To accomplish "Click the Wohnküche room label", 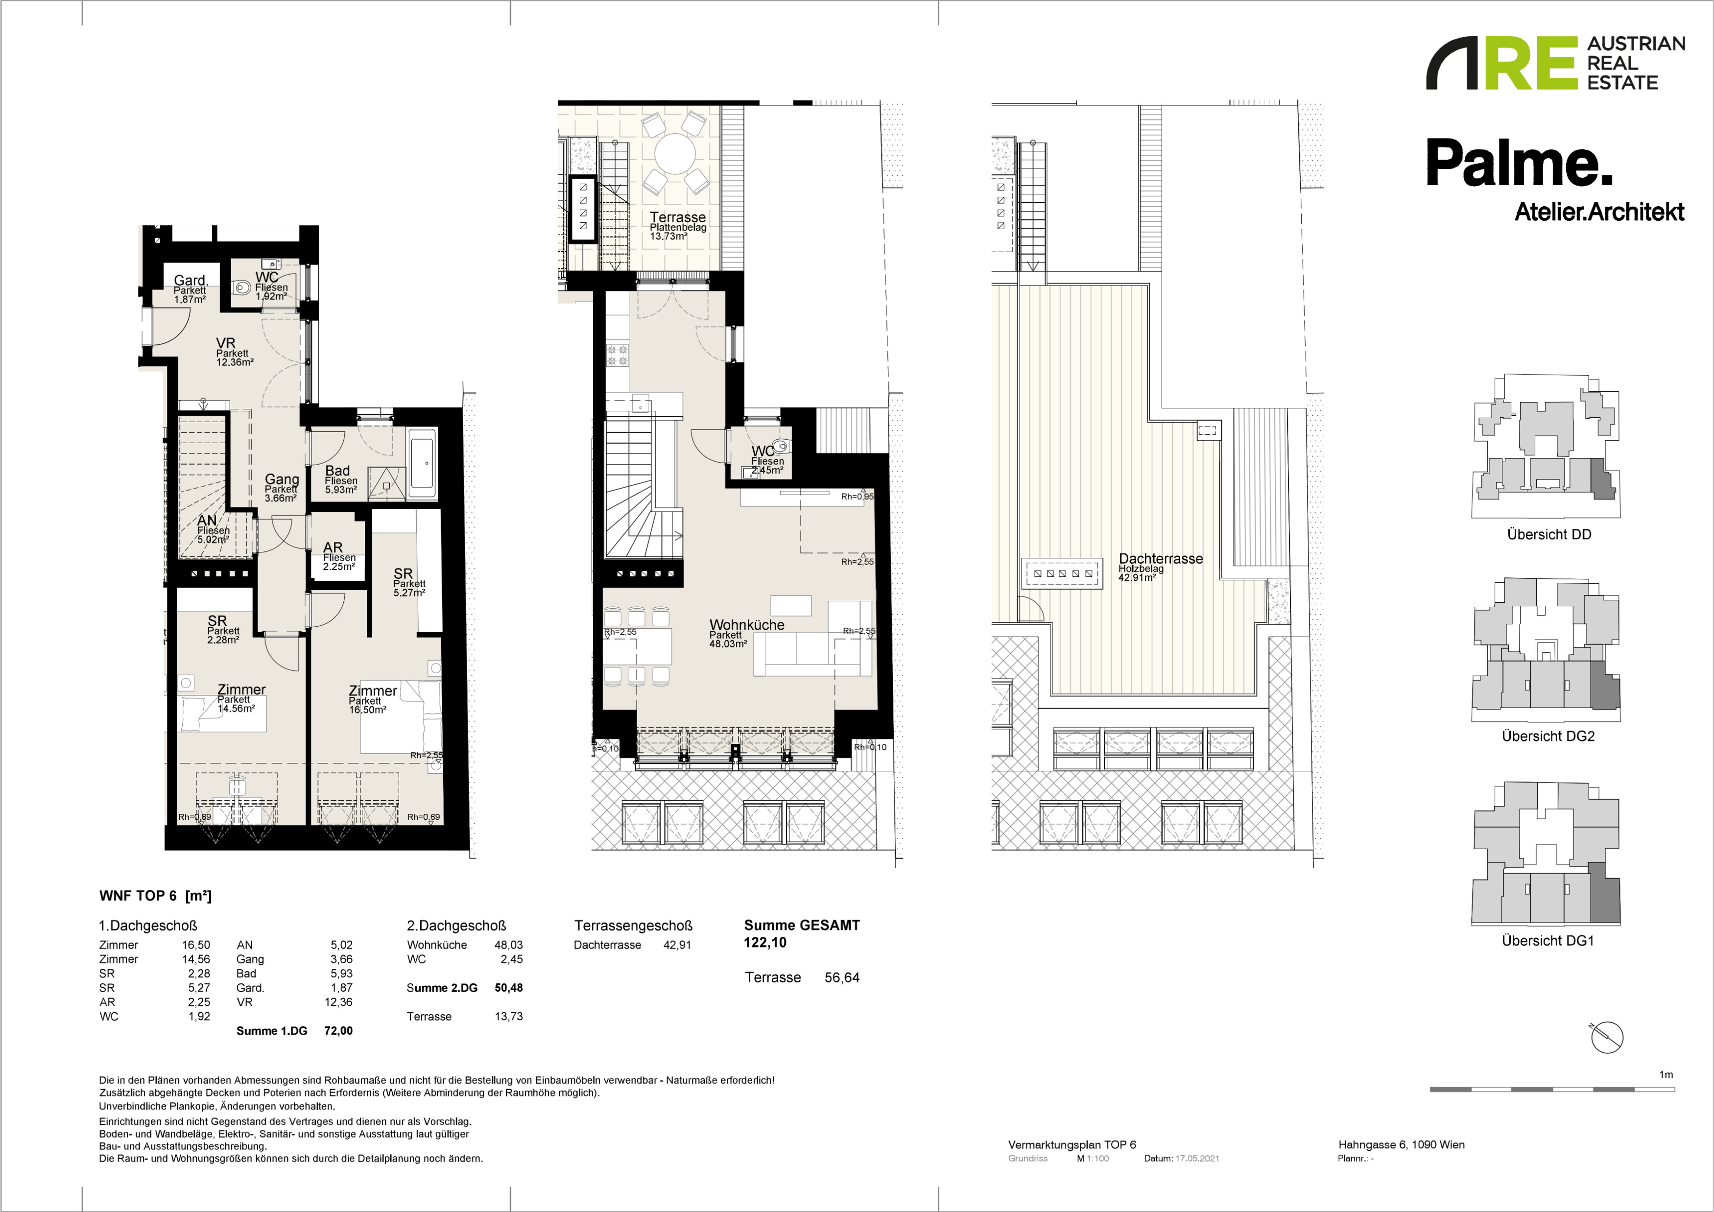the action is click(746, 625).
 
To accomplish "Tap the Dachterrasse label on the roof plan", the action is click(1161, 558).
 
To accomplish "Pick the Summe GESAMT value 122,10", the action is click(765, 943).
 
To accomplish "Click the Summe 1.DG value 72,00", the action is click(338, 1031).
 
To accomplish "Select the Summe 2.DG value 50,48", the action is click(508, 987).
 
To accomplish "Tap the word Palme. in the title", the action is click(1519, 163).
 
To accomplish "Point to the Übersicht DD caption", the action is click(1549, 534).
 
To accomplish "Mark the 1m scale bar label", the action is click(1666, 1075).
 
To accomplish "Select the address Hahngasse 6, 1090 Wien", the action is click(1401, 1144).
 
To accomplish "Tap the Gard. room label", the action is click(190, 281).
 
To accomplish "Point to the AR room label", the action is click(333, 548).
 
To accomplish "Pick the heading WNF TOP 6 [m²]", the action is click(155, 896).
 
